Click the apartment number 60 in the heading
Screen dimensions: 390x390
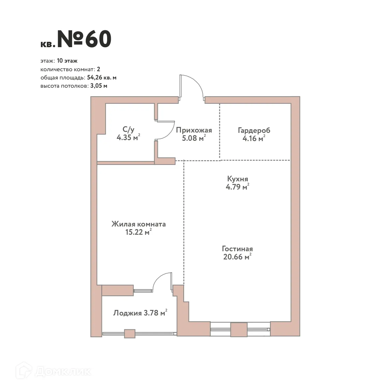(98, 40)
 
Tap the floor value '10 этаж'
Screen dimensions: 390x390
(67, 61)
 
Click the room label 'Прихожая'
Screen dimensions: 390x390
(194, 130)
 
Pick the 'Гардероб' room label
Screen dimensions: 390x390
(254, 131)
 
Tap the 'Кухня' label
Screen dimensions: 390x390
(237, 179)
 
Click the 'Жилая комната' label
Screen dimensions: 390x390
(138, 224)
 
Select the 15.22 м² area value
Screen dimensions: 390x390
(138, 232)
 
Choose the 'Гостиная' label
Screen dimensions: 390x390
(237, 249)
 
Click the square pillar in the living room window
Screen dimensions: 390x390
(239, 329)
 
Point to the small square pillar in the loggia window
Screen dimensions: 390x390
(130, 334)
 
